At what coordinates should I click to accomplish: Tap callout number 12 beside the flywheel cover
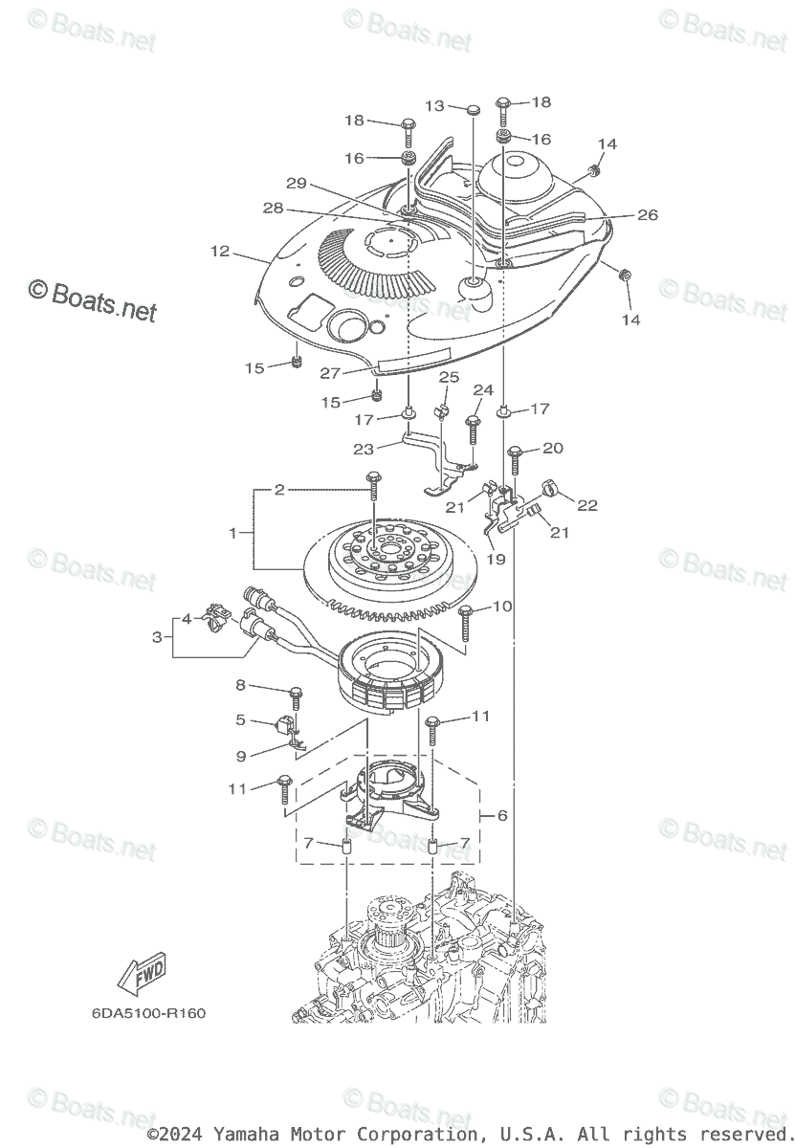[x=220, y=252]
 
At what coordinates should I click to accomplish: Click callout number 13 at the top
[x=435, y=106]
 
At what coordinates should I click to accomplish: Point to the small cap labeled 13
[x=474, y=111]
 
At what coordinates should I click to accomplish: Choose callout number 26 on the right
[x=648, y=215]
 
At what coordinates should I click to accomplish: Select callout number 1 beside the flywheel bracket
[x=232, y=533]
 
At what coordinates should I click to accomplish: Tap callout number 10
[x=502, y=607]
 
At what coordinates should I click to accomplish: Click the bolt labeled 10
[x=466, y=622]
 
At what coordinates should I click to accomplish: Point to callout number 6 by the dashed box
[x=502, y=815]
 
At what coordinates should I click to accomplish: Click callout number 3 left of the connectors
[x=158, y=636]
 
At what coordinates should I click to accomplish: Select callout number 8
[x=241, y=684]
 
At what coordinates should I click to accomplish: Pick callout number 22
[x=586, y=505]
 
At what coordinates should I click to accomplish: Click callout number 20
[x=554, y=448]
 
